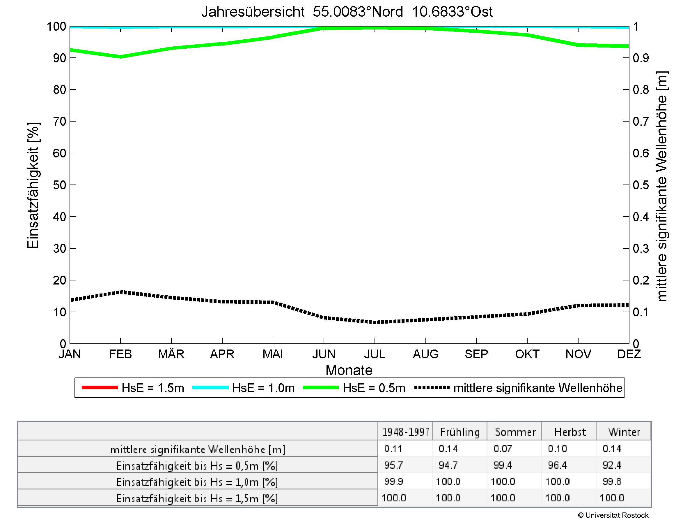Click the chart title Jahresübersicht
347,12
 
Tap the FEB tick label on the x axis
120,354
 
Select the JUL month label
375,354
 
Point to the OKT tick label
527,354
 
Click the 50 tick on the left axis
59,185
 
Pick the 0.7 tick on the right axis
641,121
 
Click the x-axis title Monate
349,370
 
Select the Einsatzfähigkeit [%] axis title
33,185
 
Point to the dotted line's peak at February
120,292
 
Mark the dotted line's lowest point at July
375,322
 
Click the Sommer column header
515,432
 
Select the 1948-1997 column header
406,432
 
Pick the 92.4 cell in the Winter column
612,465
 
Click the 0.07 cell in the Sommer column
503,448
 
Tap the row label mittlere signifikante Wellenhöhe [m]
198,449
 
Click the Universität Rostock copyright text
613,515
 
